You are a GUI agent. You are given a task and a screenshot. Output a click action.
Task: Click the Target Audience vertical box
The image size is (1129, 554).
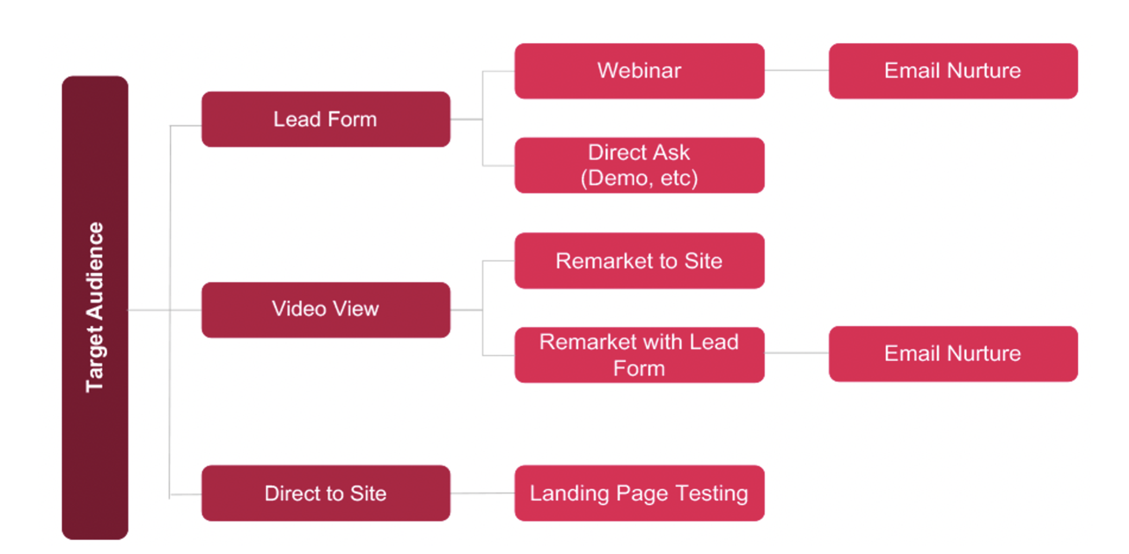95,308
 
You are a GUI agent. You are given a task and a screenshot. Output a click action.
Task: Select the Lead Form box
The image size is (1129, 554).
326,119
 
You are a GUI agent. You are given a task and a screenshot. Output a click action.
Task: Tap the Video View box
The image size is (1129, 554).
326,310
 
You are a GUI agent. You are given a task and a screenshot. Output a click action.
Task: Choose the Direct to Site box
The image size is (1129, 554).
326,493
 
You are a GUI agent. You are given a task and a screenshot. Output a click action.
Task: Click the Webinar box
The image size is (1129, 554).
639,71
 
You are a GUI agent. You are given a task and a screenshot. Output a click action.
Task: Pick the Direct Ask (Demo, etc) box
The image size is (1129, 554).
639,165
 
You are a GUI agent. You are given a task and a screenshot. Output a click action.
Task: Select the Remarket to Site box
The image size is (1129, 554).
639,261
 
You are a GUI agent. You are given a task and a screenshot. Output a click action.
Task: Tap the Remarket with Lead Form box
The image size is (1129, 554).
639,355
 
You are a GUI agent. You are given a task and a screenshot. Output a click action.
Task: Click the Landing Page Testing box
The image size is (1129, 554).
639,493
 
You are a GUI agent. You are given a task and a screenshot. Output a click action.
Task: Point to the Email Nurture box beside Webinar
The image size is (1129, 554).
953,71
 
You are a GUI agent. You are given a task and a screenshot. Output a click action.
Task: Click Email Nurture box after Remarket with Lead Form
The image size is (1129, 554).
953,354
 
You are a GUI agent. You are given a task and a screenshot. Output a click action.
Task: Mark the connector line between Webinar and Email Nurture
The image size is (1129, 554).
796,70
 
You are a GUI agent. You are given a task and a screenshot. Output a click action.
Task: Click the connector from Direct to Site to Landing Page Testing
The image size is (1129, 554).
482,493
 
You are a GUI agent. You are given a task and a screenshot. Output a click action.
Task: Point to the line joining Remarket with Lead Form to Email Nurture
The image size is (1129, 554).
796,353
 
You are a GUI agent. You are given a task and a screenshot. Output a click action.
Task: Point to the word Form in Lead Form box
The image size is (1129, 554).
352,119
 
